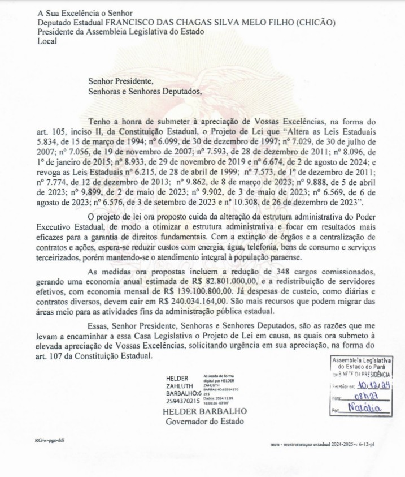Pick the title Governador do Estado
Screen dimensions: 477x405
pos(197,422)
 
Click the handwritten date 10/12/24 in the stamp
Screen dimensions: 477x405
pos(369,385)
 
